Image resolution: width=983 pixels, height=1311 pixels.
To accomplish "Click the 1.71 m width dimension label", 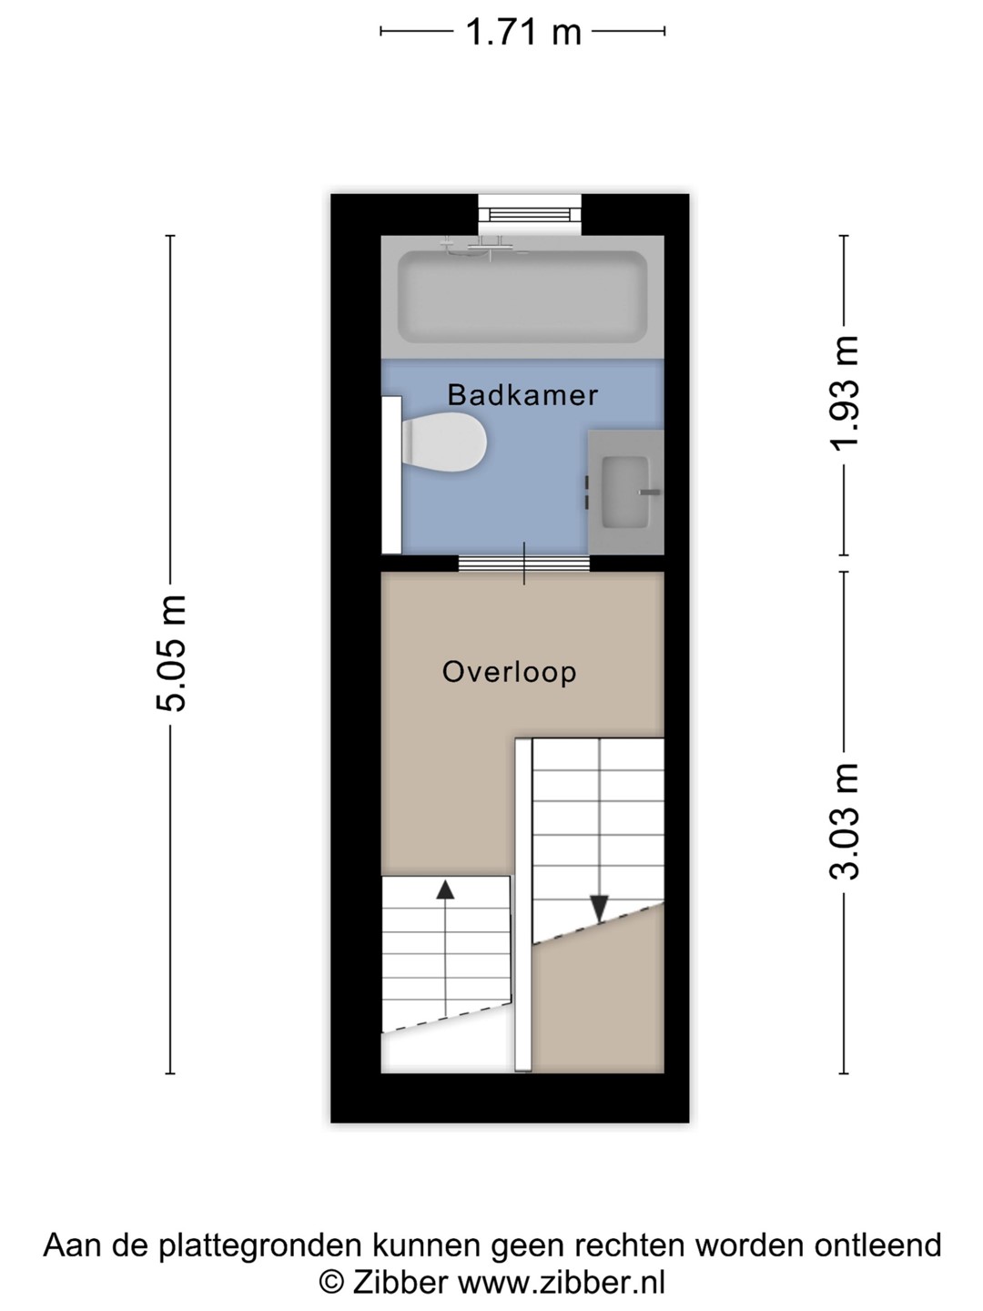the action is pos(522,32).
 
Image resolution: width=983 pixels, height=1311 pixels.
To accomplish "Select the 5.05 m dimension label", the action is pos(171,653).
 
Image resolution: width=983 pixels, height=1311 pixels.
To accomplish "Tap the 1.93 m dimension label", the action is pos(845,391).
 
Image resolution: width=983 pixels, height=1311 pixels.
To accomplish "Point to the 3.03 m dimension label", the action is pos(845,821).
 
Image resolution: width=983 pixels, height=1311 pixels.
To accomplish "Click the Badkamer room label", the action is pos(522,395).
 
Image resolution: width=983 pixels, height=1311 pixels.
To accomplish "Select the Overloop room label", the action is pos(509,672).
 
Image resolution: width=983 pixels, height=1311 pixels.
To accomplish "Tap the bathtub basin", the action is pos(522,297).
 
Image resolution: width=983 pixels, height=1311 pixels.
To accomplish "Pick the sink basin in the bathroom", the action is pos(624,493).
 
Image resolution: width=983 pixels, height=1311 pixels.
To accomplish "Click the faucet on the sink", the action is pos(649,493).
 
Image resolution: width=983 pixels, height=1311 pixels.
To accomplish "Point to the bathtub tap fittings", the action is pos(483,247).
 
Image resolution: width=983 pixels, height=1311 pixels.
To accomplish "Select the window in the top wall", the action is pos(530,215).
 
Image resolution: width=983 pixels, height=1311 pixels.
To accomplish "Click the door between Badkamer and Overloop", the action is pos(524,564).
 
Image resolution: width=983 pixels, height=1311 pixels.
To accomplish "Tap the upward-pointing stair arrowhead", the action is pos(445,889).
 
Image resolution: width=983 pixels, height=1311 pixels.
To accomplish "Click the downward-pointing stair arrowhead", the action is pos(599,908).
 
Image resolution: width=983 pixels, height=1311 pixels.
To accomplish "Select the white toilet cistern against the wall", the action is pos(392,475).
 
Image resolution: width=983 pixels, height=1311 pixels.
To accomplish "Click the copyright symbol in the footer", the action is pos(332,1281).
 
